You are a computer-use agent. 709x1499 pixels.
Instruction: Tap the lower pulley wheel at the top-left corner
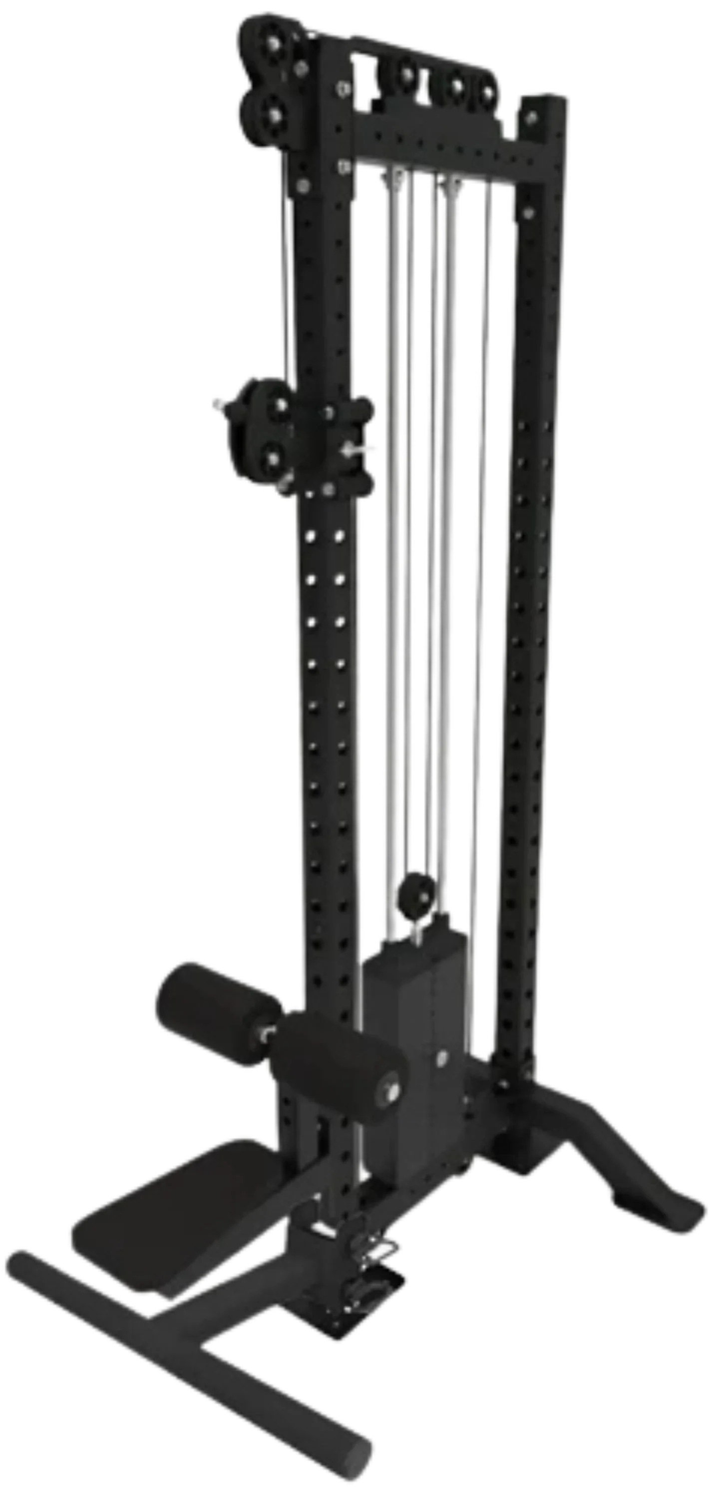pos(273,113)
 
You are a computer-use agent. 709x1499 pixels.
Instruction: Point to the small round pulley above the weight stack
pos(413,890)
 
